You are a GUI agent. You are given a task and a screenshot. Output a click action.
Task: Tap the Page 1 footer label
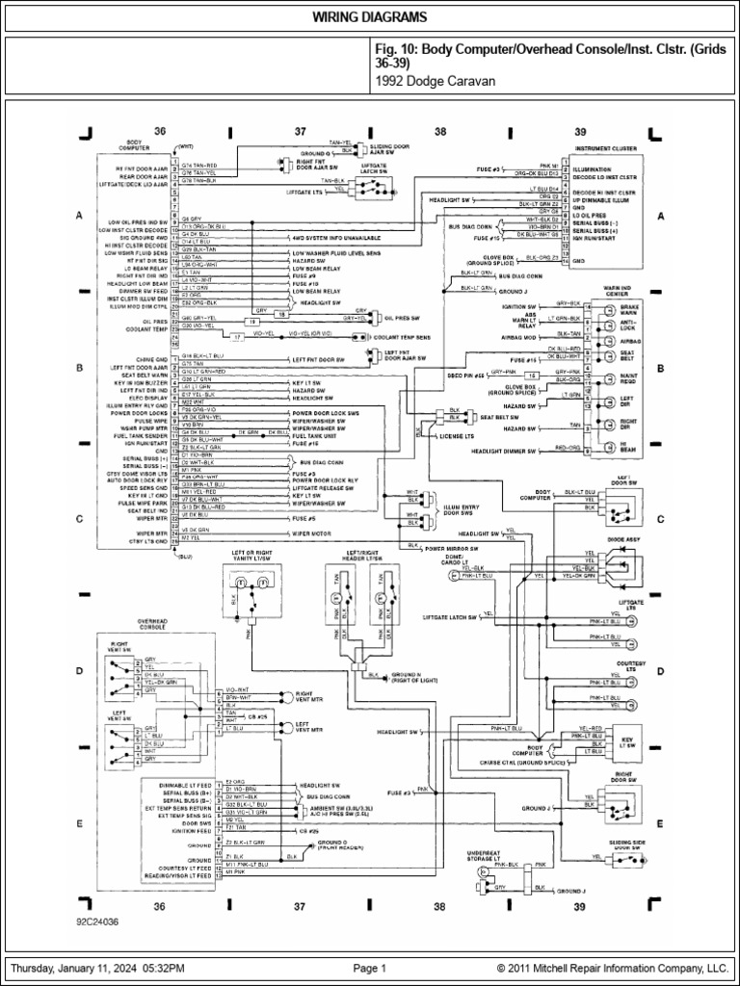369,968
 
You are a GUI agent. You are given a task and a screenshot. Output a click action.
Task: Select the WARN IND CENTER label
618,290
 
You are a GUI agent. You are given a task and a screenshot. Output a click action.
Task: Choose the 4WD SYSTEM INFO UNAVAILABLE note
333,235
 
